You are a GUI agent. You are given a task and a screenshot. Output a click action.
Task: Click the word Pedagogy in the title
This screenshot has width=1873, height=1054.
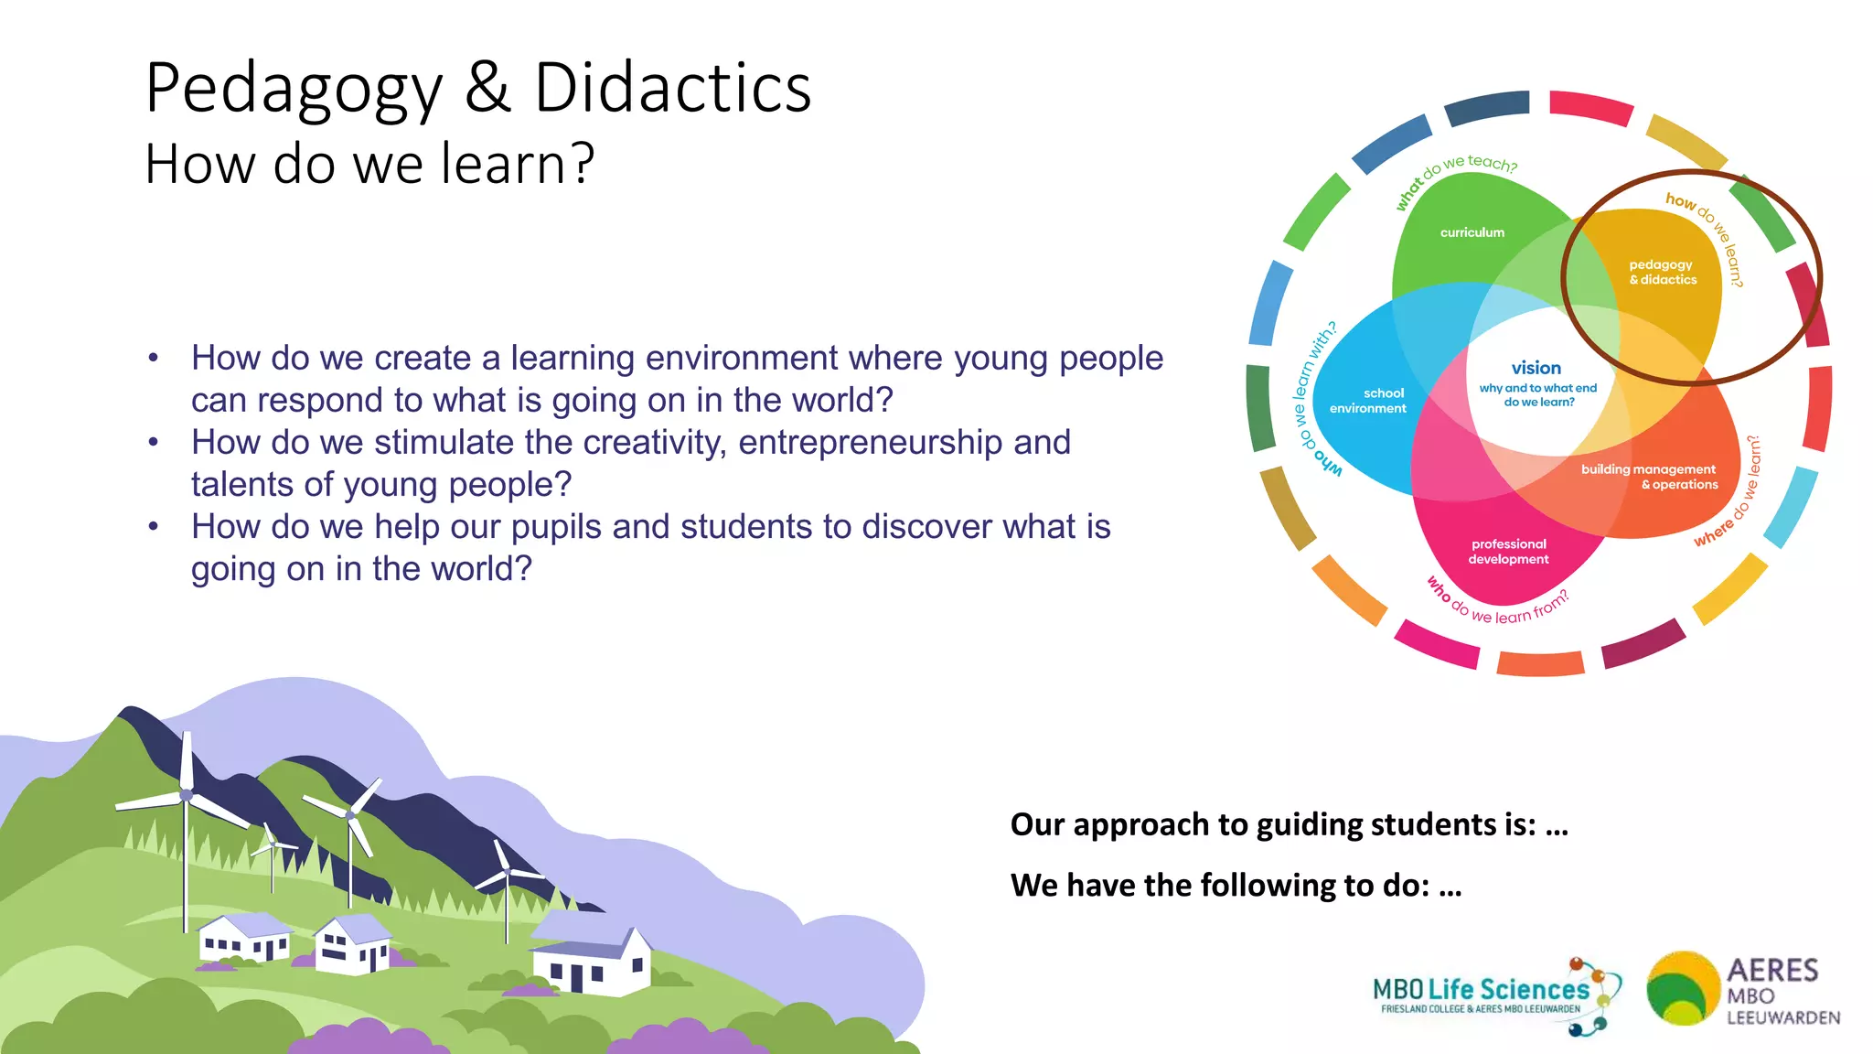click(x=294, y=90)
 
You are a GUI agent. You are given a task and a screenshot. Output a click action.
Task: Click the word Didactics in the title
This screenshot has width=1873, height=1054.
click(x=672, y=88)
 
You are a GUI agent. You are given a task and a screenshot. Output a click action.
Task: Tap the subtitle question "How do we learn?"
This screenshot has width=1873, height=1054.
click(x=369, y=164)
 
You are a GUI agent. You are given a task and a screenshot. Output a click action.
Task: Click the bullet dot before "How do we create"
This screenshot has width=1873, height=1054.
click(x=154, y=359)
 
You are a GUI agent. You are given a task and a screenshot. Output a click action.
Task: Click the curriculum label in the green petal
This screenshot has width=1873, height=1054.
click(x=1472, y=232)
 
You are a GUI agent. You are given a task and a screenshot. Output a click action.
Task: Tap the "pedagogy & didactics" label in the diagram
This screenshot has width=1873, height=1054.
click(x=1662, y=272)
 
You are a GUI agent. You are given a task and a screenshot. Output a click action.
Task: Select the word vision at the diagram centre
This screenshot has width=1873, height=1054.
click(x=1536, y=368)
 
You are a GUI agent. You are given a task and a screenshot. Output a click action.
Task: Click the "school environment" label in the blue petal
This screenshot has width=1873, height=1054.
click(x=1368, y=401)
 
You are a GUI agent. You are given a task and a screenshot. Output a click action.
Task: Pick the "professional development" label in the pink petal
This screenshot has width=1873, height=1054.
click(x=1508, y=552)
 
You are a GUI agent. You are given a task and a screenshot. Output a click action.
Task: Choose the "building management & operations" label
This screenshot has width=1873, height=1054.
click(x=1649, y=477)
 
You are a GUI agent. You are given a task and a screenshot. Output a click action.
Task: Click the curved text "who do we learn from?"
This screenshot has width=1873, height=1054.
click(x=1497, y=606)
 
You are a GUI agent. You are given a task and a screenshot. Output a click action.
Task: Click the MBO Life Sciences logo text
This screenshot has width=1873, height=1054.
click(x=1481, y=990)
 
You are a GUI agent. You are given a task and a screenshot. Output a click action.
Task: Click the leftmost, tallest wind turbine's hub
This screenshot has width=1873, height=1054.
click(x=187, y=794)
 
